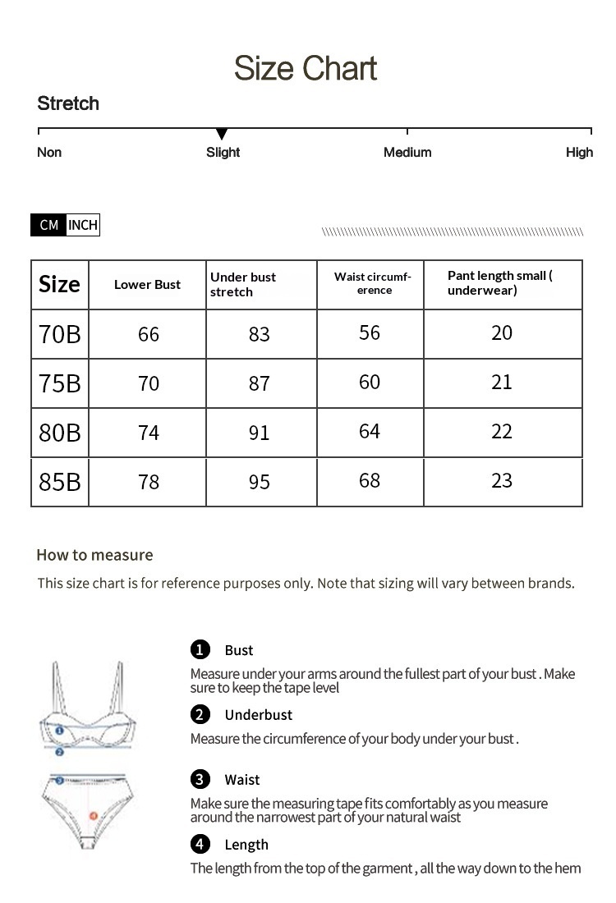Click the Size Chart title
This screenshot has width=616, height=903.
[306, 68]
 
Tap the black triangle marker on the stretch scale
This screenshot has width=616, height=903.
[221, 134]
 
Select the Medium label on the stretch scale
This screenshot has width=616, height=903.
[407, 152]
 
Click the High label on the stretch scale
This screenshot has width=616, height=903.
[579, 152]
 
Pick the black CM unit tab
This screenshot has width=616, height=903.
[48, 225]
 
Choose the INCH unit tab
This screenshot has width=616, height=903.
[82, 225]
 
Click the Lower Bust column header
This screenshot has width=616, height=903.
[147, 285]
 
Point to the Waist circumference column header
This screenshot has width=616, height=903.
[372, 283]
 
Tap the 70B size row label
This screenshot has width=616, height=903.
[60, 334]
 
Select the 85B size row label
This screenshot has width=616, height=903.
[60, 482]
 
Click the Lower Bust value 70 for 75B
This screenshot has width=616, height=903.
[149, 383]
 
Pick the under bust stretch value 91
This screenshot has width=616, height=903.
[259, 433]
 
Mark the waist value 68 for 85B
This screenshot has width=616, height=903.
[370, 480]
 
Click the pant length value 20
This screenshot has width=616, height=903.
[502, 332]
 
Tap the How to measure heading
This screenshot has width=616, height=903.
[94, 555]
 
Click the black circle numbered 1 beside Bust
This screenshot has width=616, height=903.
[200, 649]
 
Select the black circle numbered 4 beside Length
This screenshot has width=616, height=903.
[200, 844]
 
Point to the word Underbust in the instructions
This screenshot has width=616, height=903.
[258, 715]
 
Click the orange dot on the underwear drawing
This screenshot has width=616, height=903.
[93, 817]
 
